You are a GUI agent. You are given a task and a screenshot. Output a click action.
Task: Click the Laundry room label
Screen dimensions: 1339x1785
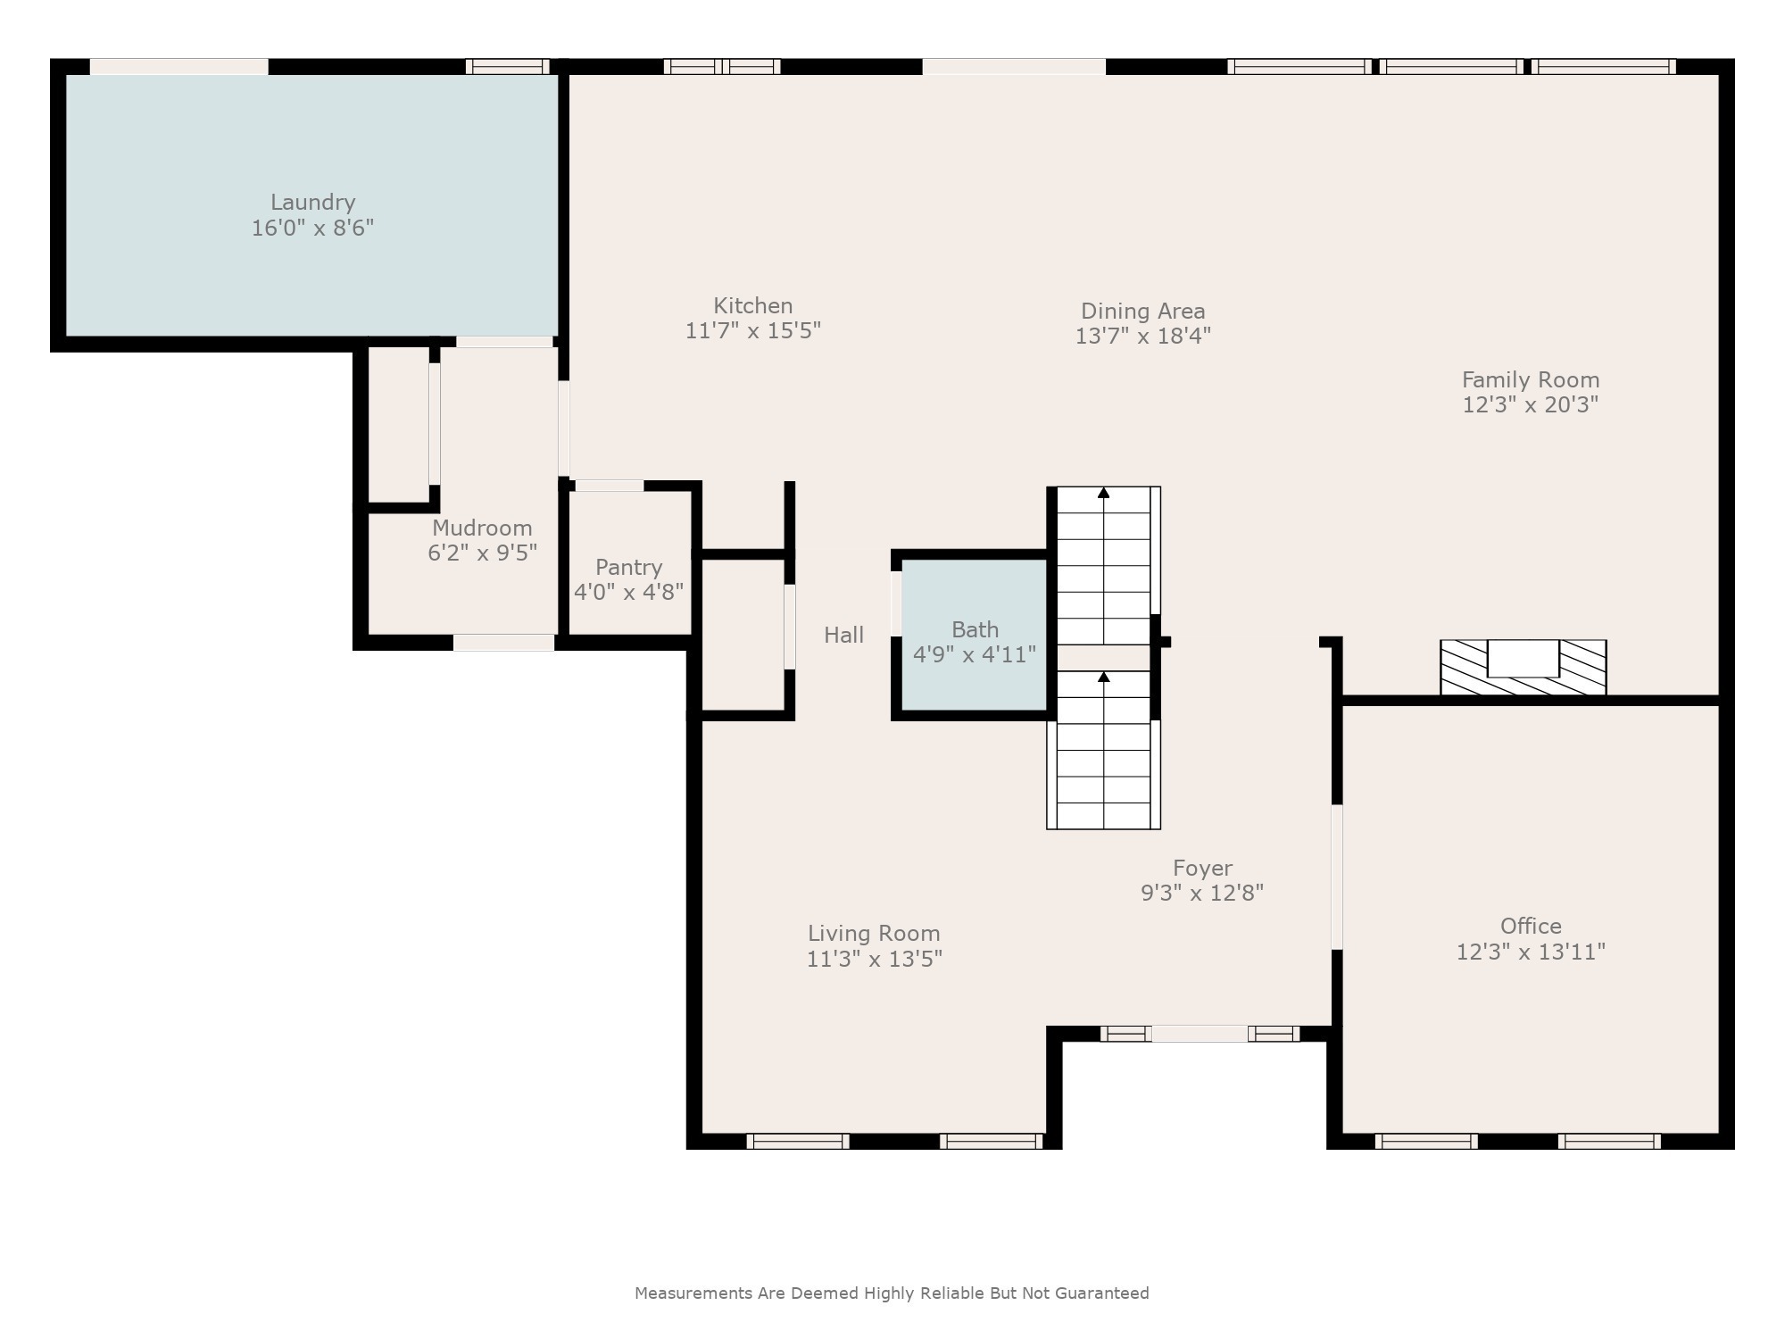[312, 203]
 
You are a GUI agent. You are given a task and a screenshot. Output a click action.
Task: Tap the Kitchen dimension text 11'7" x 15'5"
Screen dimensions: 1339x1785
[752, 331]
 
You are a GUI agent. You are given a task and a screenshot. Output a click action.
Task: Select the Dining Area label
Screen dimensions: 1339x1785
[1142, 311]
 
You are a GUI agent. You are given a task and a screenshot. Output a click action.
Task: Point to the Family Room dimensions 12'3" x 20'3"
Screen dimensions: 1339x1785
[1530, 404]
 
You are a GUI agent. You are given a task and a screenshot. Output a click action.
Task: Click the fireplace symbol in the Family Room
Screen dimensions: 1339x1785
[1523, 667]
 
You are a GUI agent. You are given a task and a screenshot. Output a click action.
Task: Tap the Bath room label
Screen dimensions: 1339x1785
[975, 629]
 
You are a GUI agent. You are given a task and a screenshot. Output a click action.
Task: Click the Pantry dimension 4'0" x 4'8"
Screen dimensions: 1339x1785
[628, 592]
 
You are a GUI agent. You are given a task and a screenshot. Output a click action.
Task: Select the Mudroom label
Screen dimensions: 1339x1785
[482, 528]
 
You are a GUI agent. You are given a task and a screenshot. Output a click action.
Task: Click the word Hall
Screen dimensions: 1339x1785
[843, 635]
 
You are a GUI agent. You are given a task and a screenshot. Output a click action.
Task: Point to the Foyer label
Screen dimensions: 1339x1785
[1202, 868]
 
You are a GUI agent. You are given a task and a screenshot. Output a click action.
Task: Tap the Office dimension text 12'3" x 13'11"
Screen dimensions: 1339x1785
[1531, 952]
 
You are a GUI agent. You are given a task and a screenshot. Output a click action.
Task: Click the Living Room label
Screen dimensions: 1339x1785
[874, 933]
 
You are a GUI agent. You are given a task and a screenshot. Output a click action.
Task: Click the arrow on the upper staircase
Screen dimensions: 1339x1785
[1103, 493]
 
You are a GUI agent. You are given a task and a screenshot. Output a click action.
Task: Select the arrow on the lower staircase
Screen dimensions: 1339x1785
[1103, 678]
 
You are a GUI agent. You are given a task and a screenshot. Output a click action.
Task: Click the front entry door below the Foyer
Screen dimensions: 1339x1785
[1199, 1034]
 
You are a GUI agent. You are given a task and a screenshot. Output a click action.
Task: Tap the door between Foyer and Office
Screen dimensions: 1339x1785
[1336, 877]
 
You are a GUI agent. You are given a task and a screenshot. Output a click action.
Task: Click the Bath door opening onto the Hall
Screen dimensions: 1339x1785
[896, 603]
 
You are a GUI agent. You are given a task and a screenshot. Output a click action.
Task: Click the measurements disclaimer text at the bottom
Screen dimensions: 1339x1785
[892, 1293]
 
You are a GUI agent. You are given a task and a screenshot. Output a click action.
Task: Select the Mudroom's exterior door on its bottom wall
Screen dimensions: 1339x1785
[503, 642]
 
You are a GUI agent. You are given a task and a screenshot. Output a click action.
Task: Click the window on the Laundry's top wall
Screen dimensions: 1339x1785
[507, 66]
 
